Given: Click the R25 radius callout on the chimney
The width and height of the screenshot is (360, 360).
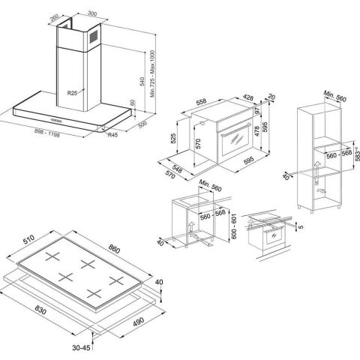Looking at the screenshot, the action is click(72, 93).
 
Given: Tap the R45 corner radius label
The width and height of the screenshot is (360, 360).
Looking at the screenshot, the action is click(112, 135).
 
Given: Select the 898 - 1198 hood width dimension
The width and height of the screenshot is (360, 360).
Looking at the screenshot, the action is click(47, 133).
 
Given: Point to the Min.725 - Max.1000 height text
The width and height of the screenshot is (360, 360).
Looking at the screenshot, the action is click(153, 73).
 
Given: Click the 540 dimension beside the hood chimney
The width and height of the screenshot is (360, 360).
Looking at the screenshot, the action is click(142, 81).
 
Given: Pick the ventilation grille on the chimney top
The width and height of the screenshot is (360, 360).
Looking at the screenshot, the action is click(94, 37).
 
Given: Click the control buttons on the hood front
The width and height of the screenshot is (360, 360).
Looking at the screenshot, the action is click(55, 120).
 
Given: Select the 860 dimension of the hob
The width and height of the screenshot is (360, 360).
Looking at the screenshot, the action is click(114, 249).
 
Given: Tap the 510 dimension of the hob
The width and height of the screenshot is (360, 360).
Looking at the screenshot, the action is click(28, 240).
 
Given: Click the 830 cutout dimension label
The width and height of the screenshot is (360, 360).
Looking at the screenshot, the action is click(40, 310).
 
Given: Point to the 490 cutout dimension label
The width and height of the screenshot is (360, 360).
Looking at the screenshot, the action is click(138, 322).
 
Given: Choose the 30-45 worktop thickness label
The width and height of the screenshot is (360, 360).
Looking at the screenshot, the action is click(81, 347).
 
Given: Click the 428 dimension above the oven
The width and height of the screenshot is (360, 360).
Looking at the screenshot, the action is click(248, 97).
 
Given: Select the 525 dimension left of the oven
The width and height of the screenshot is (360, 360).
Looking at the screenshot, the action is click(173, 138).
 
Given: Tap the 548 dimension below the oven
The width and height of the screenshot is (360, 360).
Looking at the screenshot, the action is click(177, 169).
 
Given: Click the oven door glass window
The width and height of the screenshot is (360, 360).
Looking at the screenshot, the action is click(236, 139).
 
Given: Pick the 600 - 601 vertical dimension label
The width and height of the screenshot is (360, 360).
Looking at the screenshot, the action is click(233, 226).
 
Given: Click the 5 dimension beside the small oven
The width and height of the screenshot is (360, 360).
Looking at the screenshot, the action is click(301, 226).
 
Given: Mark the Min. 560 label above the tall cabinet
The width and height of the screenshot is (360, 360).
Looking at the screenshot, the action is click(335, 96).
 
